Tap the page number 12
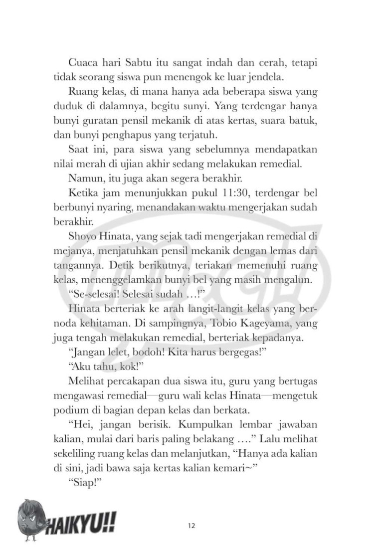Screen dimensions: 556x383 191,525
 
